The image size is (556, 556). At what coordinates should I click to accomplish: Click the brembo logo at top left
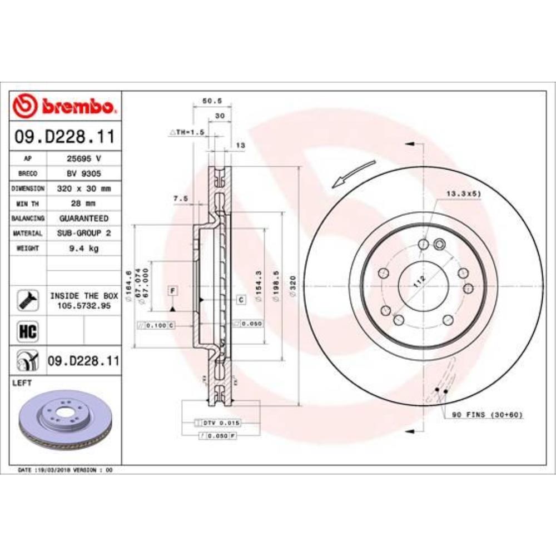coord(64,106)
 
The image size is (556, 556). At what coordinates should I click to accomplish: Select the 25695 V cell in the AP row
coord(83,158)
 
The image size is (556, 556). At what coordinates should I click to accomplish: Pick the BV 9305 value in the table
coord(83,173)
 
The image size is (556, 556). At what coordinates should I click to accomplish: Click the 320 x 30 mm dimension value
coord(83,188)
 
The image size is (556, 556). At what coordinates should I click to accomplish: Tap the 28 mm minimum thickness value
coord(83,203)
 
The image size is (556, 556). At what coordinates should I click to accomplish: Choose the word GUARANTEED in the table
coord(83,219)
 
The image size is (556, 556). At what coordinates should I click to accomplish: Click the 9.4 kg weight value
coord(83,249)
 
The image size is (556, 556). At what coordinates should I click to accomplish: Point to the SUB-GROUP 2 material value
coord(83,234)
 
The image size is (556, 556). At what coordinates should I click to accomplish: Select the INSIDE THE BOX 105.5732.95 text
coord(84,300)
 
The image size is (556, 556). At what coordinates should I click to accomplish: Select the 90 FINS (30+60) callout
coord(487,415)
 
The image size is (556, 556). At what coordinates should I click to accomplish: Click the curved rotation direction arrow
coord(354,173)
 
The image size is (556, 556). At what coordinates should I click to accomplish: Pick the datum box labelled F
coord(173,291)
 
